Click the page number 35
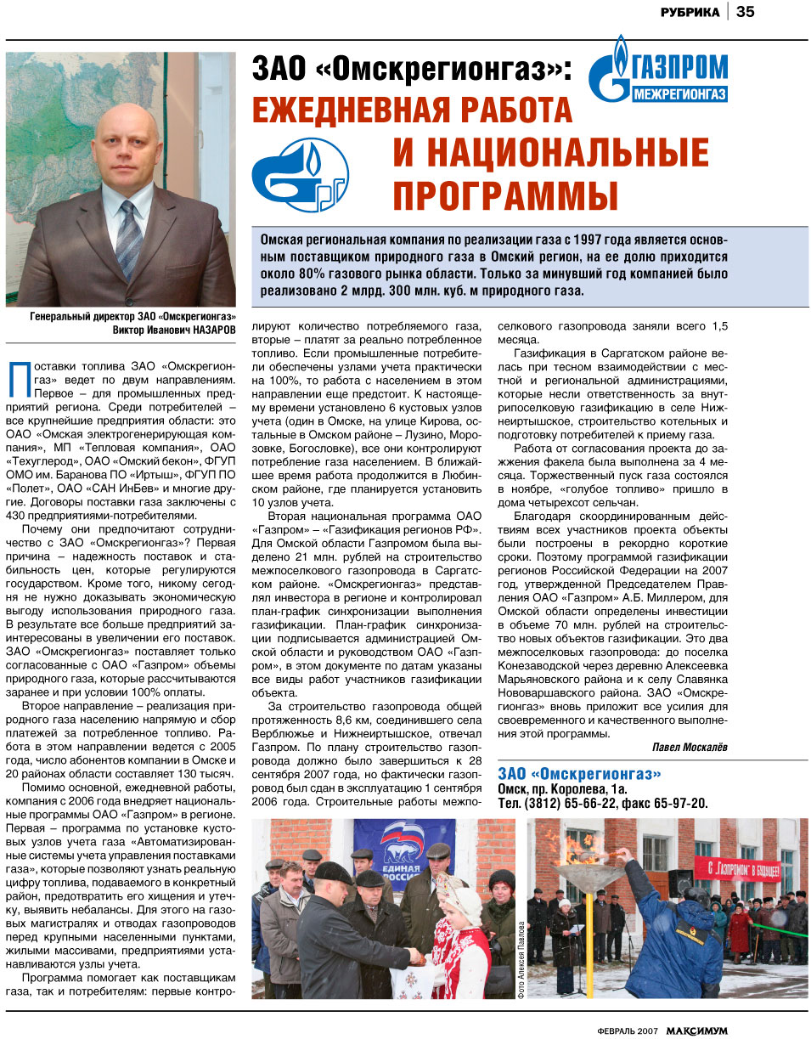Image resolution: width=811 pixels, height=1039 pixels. [746, 12]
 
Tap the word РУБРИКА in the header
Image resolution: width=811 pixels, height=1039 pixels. [690, 13]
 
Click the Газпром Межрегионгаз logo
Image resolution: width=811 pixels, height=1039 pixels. [659, 71]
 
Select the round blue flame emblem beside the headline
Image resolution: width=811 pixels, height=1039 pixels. [300, 174]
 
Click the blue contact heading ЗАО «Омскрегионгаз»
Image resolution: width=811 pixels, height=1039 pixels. [579, 773]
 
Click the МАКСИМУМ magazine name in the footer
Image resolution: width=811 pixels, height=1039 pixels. [696, 1030]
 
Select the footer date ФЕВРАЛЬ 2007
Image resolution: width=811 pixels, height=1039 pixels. [627, 1031]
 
